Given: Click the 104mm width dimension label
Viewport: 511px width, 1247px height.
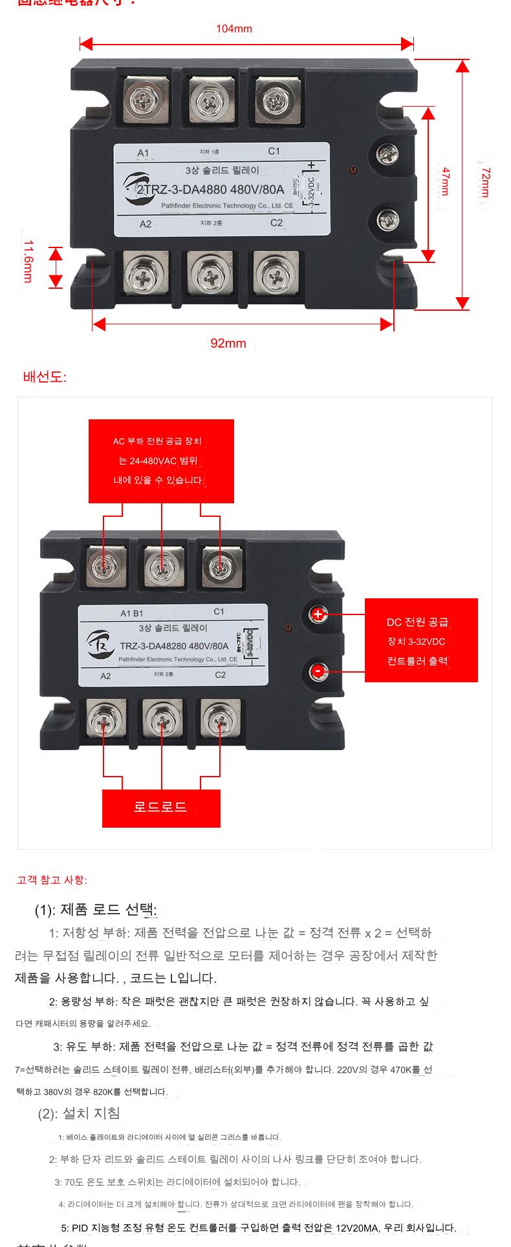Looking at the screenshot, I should (x=234, y=29).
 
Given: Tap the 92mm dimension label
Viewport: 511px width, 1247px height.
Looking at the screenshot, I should (x=228, y=343).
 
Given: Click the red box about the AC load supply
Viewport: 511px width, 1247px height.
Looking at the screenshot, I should (x=161, y=461).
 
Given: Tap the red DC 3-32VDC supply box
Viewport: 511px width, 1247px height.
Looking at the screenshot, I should (x=421, y=640).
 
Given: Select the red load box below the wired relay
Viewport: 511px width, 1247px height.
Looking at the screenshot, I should (x=161, y=808).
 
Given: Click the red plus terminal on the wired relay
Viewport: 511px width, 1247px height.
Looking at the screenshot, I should (x=318, y=614).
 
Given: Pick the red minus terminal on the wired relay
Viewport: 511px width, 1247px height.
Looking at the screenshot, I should (x=318, y=671).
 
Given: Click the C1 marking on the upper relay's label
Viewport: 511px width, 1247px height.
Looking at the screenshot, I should (x=274, y=151).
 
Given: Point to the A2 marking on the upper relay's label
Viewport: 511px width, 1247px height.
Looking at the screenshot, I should (x=146, y=224).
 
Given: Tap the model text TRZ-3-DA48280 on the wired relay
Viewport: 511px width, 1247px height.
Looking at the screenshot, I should (x=174, y=645).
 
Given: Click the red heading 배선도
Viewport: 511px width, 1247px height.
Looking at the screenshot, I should (x=45, y=377).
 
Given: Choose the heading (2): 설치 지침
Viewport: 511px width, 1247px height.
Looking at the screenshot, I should (x=79, y=1113).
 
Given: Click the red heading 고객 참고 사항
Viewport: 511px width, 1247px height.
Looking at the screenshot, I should (x=52, y=880).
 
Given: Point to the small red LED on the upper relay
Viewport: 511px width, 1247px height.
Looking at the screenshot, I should (x=353, y=170).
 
